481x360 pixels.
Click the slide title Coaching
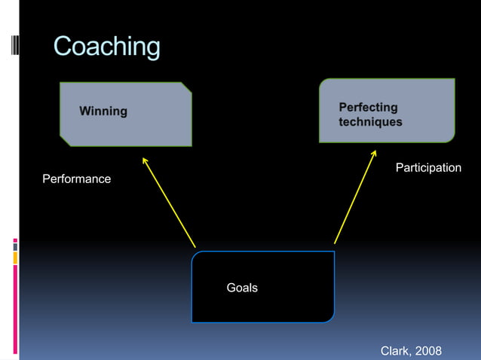(x=106, y=47)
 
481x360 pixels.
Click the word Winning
(x=103, y=111)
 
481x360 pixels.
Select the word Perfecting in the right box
(x=368, y=108)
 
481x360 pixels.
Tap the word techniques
(x=370, y=122)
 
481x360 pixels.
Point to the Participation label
(x=428, y=167)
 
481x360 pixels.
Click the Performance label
(x=76, y=179)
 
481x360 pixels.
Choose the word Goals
(x=242, y=288)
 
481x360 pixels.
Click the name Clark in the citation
(x=396, y=351)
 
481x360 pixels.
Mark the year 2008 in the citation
(x=427, y=351)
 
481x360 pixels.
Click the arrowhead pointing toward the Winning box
(x=144, y=159)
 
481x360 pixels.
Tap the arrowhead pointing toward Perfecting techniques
(x=373, y=154)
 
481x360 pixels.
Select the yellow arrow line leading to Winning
(x=170, y=203)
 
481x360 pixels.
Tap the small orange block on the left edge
(x=15, y=258)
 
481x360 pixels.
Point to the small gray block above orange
(x=15, y=245)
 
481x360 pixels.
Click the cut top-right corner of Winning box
(x=186, y=87)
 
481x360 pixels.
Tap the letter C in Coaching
(x=63, y=47)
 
